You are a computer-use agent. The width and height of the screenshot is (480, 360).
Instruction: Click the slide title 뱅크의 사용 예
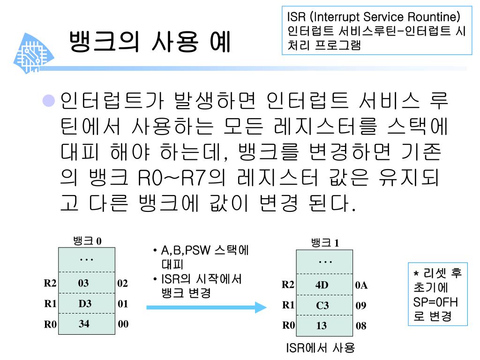pyautogui.click(x=150, y=42)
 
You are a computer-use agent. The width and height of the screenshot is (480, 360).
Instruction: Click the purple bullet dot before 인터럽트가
pyautogui.click(x=49, y=100)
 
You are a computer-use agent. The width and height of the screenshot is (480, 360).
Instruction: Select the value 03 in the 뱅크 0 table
pyautogui.click(x=84, y=283)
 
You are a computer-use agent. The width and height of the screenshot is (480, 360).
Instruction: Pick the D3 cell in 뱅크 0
pyautogui.click(x=85, y=304)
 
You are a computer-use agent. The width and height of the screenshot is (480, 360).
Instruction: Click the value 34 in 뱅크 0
pyautogui.click(x=84, y=323)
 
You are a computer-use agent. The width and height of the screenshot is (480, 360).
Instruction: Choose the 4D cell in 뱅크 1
pyautogui.click(x=322, y=285)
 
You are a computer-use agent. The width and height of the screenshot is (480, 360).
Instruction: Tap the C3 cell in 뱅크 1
pyautogui.click(x=322, y=306)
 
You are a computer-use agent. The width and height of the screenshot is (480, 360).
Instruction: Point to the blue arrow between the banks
pyautogui.click(x=206, y=307)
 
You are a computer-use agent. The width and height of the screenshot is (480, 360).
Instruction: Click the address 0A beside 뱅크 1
pyautogui.click(x=361, y=285)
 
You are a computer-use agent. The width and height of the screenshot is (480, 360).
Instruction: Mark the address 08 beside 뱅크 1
pyautogui.click(x=361, y=326)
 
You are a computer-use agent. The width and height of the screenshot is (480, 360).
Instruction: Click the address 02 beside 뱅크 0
pyautogui.click(x=123, y=283)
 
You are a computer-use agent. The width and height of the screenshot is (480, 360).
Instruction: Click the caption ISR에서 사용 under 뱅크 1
pyautogui.click(x=321, y=348)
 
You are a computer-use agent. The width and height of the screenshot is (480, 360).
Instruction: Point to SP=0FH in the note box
pyautogui.click(x=436, y=302)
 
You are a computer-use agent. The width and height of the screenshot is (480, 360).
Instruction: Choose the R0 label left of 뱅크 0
pyautogui.click(x=50, y=323)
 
